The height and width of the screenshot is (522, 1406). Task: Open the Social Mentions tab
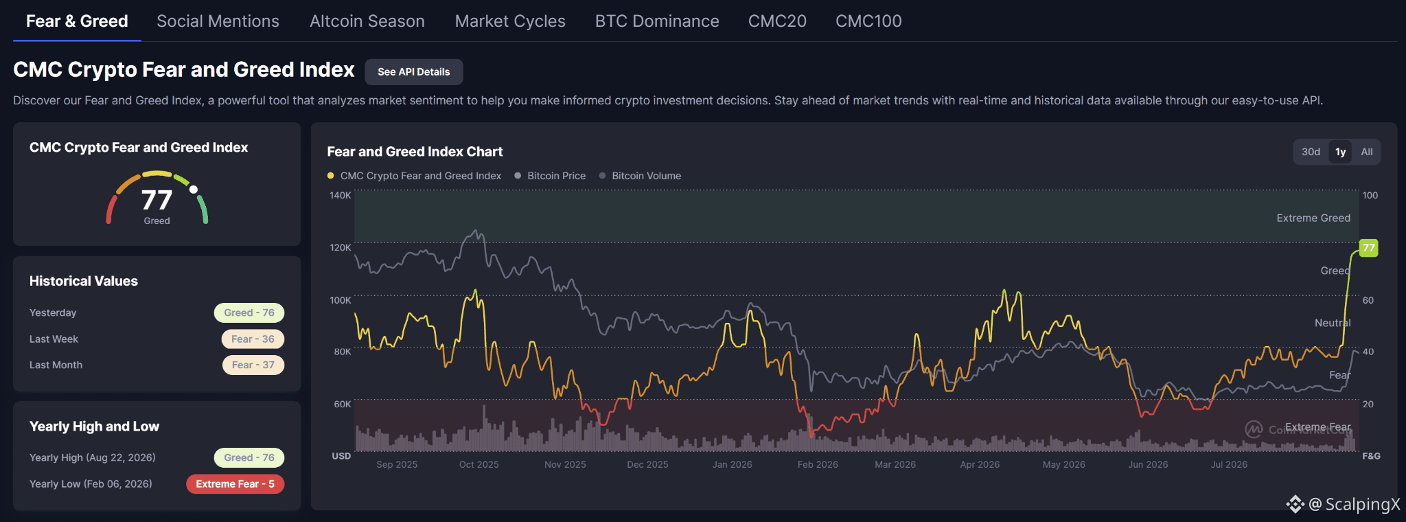pos(218,21)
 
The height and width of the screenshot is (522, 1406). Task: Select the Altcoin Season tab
pos(367,21)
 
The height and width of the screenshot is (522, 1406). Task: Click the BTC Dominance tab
pos(657,21)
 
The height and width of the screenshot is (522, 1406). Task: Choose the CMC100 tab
pos(868,21)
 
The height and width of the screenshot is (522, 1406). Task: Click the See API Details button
pos(414,72)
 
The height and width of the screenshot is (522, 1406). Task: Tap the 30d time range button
pos(1311,152)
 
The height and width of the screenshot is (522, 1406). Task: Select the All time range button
pos(1367,152)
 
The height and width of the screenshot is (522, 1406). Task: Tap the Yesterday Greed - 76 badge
pos(249,313)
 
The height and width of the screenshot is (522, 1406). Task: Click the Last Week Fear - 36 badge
pos(253,339)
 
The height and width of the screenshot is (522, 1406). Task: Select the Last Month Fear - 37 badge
pos(253,365)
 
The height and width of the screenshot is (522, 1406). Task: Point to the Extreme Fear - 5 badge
pos(235,484)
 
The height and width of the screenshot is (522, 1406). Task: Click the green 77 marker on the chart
pos(1369,248)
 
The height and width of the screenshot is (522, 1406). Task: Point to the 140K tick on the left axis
pos(341,195)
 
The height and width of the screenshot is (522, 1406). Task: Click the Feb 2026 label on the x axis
pos(818,464)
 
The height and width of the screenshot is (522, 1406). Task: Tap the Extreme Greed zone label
pos(1313,218)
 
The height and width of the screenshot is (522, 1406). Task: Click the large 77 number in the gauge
pos(157,200)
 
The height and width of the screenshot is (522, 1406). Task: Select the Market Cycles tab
pos(510,21)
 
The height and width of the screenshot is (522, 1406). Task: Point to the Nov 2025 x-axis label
pos(565,464)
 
